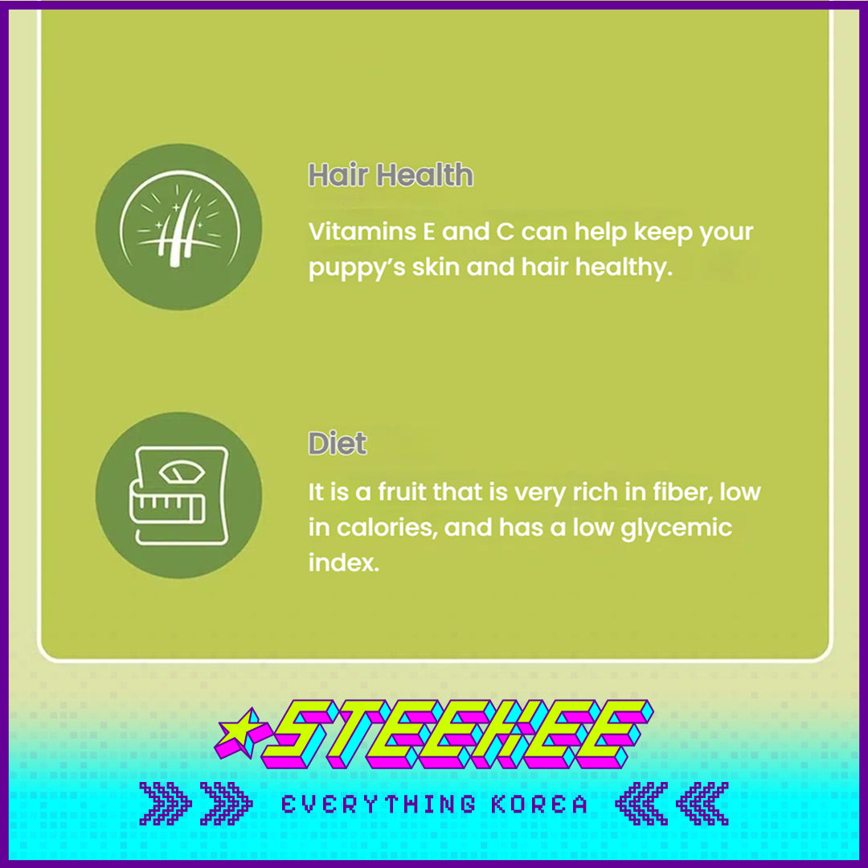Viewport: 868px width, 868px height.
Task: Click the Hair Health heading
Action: [391, 175]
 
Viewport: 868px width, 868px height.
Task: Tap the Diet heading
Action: [337, 443]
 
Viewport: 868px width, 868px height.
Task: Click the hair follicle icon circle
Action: [178, 227]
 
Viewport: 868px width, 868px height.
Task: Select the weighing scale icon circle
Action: [178, 495]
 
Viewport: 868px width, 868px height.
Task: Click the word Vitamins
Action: [362, 231]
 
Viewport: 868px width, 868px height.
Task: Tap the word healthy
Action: [624, 267]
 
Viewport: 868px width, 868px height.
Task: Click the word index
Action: [344, 563]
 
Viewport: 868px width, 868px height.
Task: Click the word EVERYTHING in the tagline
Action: [379, 805]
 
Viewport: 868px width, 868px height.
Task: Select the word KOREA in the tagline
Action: [539, 805]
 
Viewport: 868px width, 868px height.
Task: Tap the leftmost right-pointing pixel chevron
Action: [165, 804]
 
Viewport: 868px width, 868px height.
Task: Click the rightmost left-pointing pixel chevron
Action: [702, 804]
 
